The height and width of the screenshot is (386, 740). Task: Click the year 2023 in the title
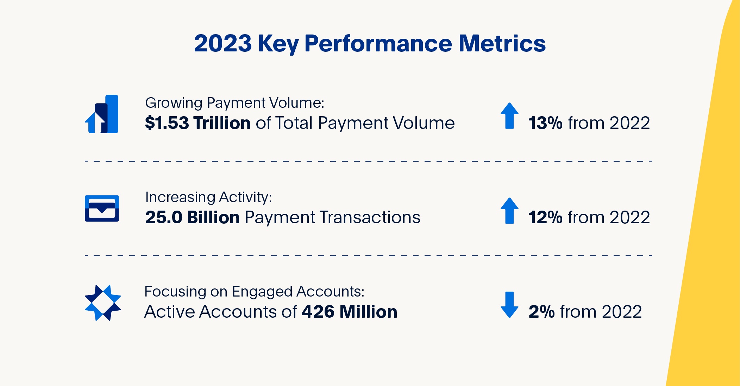point(222,44)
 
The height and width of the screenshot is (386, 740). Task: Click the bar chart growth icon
point(102,114)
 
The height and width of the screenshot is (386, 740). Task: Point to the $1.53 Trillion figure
point(197,123)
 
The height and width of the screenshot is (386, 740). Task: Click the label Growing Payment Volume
point(234,103)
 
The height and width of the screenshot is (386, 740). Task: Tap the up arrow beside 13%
point(509,116)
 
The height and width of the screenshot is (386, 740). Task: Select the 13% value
point(545,123)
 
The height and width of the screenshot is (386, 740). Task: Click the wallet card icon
point(102,208)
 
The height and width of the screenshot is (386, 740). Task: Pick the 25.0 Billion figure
point(192,217)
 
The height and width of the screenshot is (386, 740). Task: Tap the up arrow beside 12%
point(509,211)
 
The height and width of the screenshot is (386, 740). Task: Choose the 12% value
point(545,217)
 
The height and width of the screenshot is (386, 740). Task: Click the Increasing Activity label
point(208,197)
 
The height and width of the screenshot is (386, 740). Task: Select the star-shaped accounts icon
point(103,303)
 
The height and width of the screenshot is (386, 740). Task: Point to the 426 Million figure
point(349,312)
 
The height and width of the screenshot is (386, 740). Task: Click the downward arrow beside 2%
point(509,305)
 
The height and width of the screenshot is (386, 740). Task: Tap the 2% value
point(541,312)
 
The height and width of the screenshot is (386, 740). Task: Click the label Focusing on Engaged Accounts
point(254,292)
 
